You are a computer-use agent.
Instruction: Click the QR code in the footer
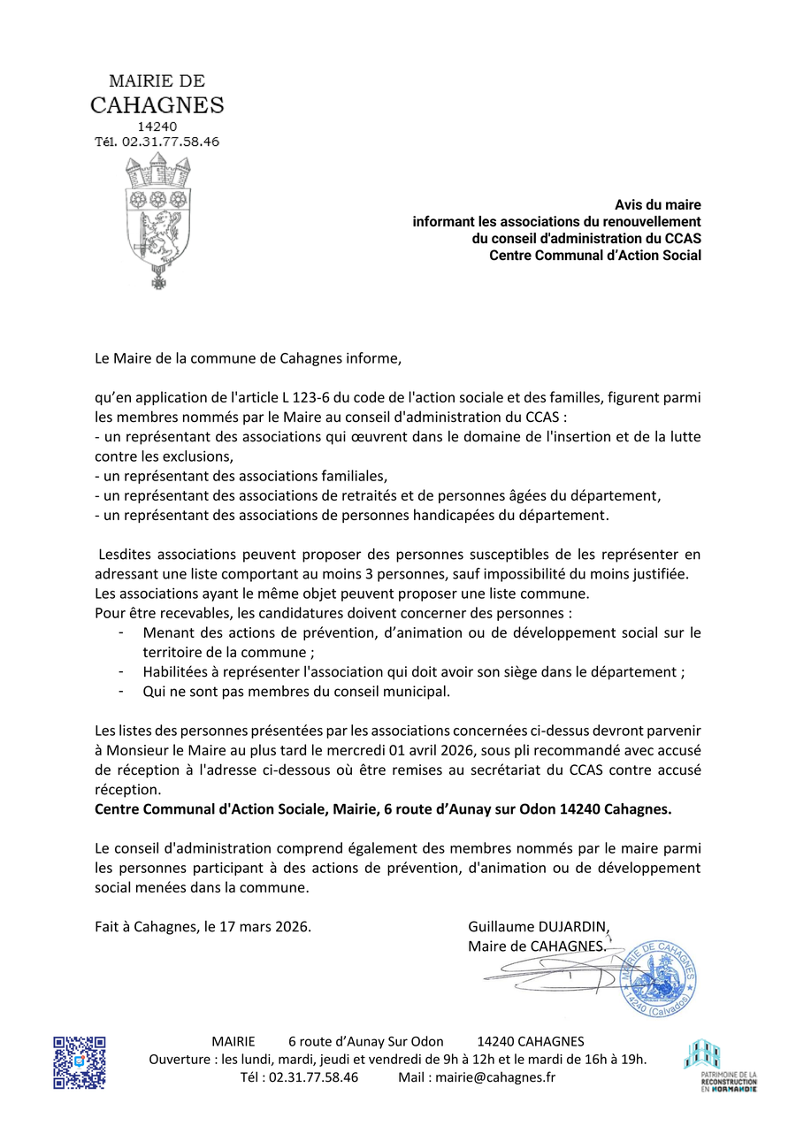pos(80,1061)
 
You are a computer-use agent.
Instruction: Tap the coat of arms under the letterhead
pos(158,219)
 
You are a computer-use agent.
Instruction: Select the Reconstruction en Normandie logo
pos(722,1065)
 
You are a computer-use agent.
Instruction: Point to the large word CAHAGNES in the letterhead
pos(157,105)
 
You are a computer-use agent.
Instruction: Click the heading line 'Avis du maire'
pos(658,205)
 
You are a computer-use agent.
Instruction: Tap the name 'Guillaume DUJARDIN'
pos(538,927)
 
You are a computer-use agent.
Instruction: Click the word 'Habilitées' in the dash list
pos(174,671)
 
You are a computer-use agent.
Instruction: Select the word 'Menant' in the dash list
pos(165,632)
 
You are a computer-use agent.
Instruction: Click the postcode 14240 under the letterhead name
pos(157,126)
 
